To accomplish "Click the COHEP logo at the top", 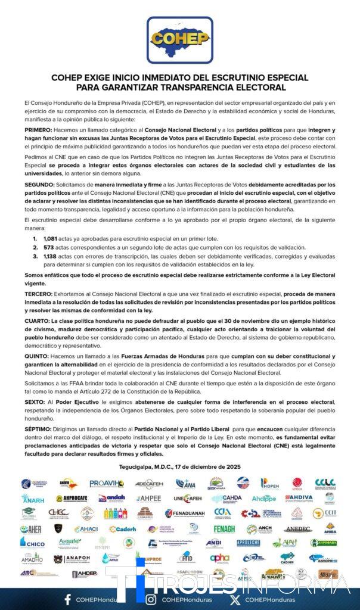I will pyautogui.click(x=180, y=40).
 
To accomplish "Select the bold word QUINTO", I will pyautogui.click(x=38, y=356).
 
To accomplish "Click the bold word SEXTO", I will pyautogui.click(x=35, y=402).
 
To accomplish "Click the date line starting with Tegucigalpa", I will pyautogui.click(x=180, y=466).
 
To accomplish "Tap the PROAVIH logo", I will pyautogui.click(x=107, y=484).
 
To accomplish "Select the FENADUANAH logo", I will pyautogui.click(x=185, y=513).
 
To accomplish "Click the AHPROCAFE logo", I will pyautogui.click(x=72, y=499).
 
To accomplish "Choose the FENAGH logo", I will pyautogui.click(x=224, y=528).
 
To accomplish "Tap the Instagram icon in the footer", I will pyautogui.click(x=151, y=599).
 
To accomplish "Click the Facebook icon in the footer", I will pyautogui.click(x=67, y=599).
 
